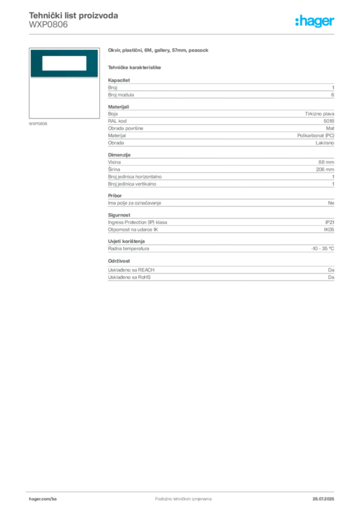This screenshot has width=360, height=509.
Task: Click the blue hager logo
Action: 315,22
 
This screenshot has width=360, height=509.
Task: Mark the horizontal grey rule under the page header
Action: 183,34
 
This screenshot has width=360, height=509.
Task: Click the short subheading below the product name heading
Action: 135,67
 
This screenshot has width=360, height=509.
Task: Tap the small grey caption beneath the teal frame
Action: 38,123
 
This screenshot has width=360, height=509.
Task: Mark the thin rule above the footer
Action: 183,491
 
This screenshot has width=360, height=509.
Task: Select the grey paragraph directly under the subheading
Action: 221,89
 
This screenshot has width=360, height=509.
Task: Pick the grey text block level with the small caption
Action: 221,127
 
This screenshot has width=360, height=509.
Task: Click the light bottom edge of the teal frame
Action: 64,78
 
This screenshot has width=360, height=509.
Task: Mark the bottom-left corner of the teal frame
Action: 30,78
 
